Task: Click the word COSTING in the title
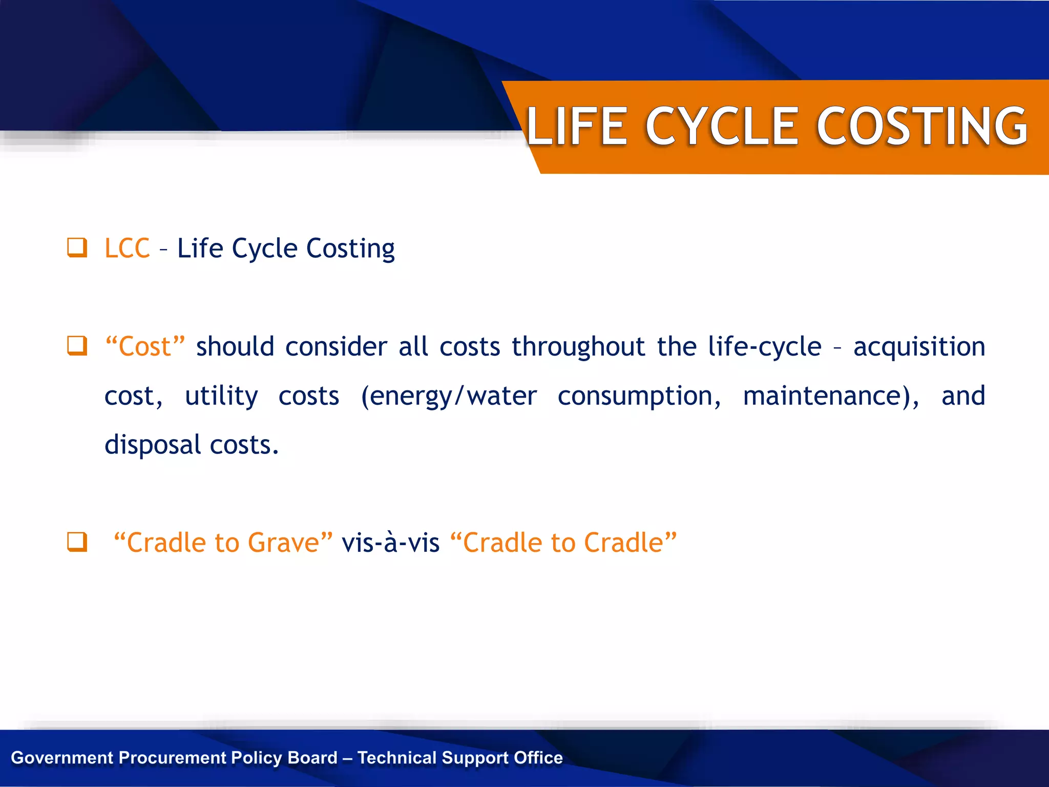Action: point(922,126)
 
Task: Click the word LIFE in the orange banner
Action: point(577,126)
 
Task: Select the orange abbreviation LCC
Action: point(127,248)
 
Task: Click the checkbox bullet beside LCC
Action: point(77,247)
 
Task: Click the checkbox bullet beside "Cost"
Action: point(77,346)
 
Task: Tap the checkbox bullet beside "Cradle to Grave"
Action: point(77,542)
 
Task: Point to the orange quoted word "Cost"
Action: point(144,347)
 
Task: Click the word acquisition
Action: point(919,347)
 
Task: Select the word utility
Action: point(221,396)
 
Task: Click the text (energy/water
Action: point(449,396)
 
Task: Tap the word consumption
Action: point(639,396)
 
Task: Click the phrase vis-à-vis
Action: point(390,543)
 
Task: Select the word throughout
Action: point(578,347)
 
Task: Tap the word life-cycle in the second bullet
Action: point(764,347)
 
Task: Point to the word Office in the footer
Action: point(538,758)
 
